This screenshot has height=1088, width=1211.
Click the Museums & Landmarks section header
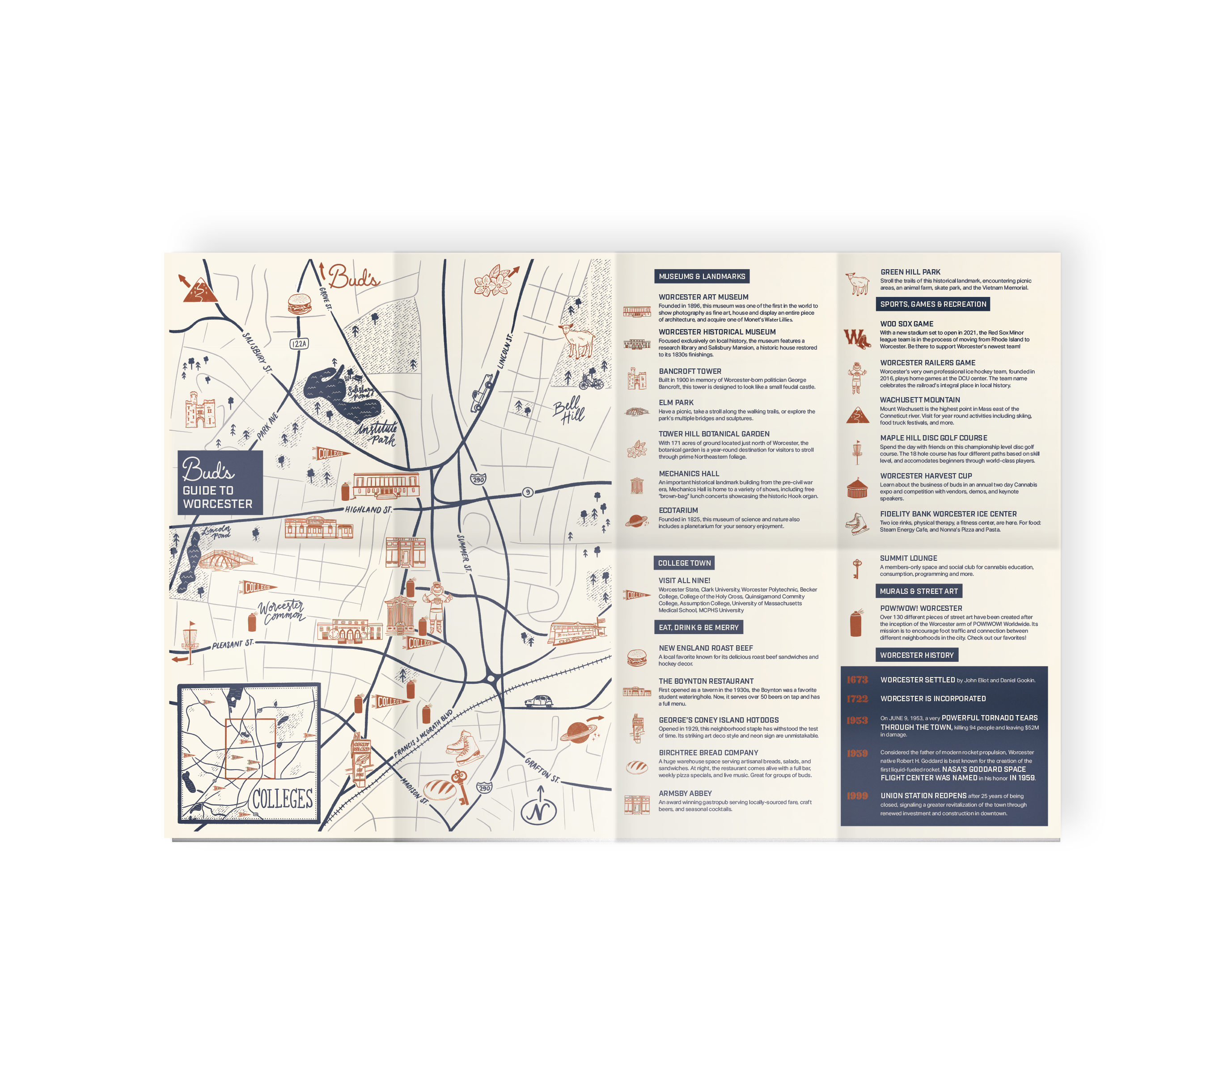(x=702, y=276)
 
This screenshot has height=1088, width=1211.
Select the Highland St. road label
(x=368, y=510)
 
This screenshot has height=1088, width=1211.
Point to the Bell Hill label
(x=568, y=410)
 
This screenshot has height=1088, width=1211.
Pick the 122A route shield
(x=299, y=344)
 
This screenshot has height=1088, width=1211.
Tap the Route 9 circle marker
(x=527, y=492)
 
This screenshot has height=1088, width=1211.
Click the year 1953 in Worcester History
(x=856, y=720)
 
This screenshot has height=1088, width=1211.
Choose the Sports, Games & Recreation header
(x=932, y=304)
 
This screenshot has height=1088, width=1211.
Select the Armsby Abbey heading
(x=685, y=793)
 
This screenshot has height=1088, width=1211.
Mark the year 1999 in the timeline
(x=856, y=796)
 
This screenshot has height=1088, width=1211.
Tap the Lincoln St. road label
(x=505, y=351)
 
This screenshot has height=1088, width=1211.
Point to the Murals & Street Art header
(x=919, y=591)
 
